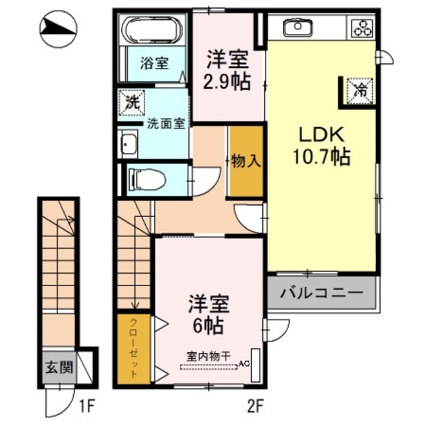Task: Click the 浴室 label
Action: [x=154, y=64]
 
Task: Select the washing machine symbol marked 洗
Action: [x=132, y=103]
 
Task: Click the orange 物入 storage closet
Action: [x=246, y=160]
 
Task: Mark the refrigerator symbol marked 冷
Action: [x=359, y=89]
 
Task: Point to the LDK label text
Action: [x=320, y=136]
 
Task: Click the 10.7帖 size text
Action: [x=321, y=158]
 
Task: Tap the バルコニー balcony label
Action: [x=321, y=292]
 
